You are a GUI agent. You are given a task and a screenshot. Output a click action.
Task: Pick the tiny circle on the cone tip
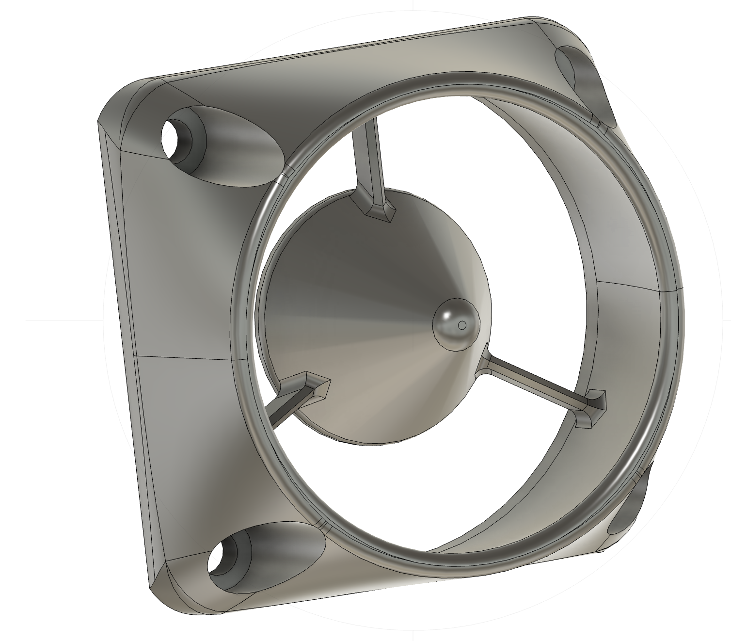pyautogui.click(x=462, y=324)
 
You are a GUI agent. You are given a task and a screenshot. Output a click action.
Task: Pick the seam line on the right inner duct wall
pyautogui.click(x=630, y=286)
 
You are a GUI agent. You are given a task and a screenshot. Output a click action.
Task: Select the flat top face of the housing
pyautogui.click(x=339, y=58)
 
